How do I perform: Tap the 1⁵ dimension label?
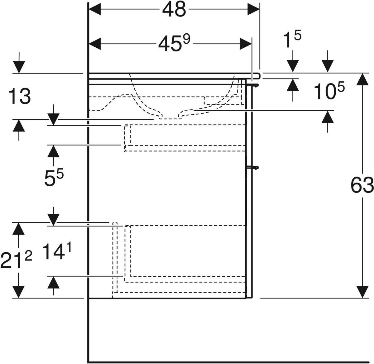coord(292,40)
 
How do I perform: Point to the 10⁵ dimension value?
coord(329,92)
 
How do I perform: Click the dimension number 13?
coord(20,97)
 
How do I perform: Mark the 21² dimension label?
coord(16,260)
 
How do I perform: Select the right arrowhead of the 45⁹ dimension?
coord(246,44)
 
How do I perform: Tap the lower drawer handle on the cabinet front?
coord(253,168)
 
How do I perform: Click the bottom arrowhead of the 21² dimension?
coord(19,292)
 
